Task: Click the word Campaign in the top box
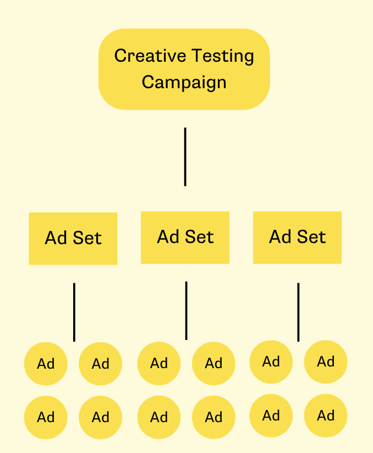(x=184, y=82)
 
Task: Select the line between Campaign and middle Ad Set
(x=185, y=157)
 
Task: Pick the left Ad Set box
(x=73, y=238)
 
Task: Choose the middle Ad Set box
(x=185, y=237)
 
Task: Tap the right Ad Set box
(x=297, y=237)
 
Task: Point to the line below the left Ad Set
(x=74, y=312)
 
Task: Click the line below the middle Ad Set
(x=186, y=310)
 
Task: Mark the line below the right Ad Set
(x=298, y=312)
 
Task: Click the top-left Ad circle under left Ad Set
(x=46, y=364)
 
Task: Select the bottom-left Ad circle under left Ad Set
(x=46, y=417)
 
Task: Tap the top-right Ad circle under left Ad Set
(x=101, y=364)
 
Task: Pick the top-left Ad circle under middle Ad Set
(x=159, y=363)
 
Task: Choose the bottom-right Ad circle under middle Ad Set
(x=213, y=417)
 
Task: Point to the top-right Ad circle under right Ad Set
(x=326, y=362)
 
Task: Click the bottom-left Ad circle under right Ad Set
(x=271, y=416)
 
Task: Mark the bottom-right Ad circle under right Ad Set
(x=326, y=416)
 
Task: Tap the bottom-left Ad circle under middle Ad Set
(x=159, y=417)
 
